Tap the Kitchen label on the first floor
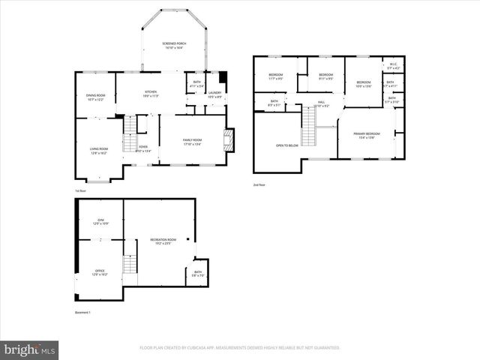coord(151,94)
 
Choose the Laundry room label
coord(214,94)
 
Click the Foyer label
coord(143,148)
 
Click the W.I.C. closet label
coord(393,67)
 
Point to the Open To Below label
coord(287,145)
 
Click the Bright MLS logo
coord(30,349)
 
